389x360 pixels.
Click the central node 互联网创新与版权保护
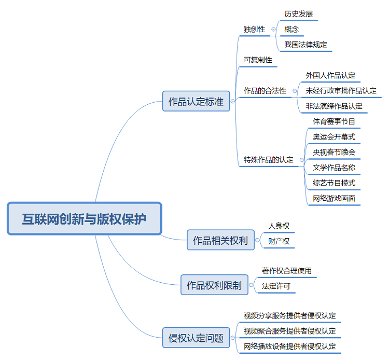click(84, 218)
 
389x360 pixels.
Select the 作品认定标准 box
click(196, 101)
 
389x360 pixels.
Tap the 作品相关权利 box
click(220, 240)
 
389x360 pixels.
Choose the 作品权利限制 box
click(214, 285)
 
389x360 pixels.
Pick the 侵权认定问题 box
click(196, 339)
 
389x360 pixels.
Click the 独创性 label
click(254, 29)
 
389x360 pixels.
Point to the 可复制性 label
click(258, 60)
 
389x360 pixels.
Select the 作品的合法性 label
click(265, 91)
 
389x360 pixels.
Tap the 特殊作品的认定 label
click(269, 160)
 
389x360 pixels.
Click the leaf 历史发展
click(299, 14)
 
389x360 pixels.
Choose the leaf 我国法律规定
click(306, 45)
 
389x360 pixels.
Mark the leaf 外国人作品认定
click(330, 76)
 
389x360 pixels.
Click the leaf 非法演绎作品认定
click(334, 106)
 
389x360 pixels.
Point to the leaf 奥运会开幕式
click(334, 137)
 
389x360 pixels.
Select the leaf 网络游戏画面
click(334, 198)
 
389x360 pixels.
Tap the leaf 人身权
click(279, 226)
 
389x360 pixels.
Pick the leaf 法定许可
click(276, 285)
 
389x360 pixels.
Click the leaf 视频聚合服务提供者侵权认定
click(290, 331)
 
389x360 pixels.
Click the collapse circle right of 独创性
click(273, 30)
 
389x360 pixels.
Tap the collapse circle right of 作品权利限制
click(253, 285)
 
